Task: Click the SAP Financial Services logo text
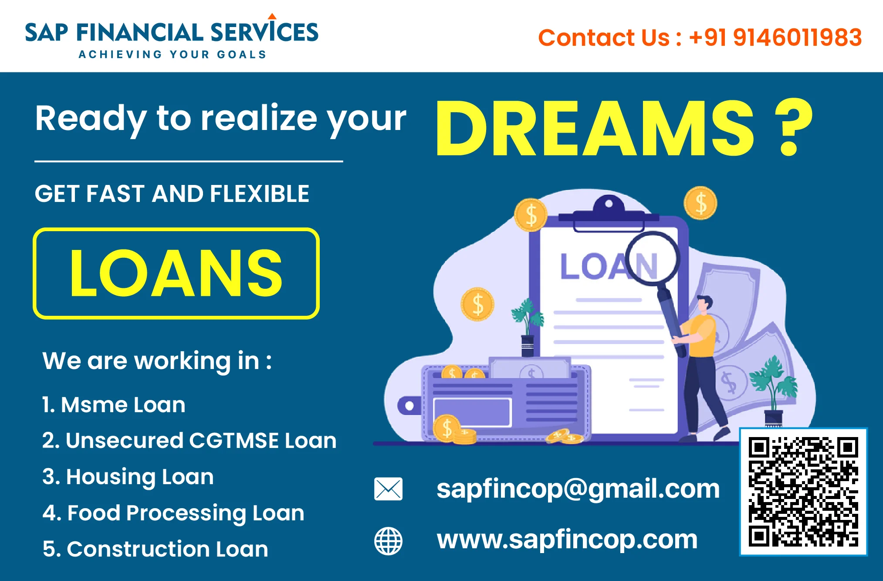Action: click(x=172, y=31)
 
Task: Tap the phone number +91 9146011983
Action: click(x=775, y=38)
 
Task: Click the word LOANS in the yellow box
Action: click(x=176, y=273)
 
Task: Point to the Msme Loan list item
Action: click(x=114, y=405)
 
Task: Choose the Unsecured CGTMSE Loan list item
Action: click(x=189, y=441)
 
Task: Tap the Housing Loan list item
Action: click(x=128, y=477)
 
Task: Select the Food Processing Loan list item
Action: click(x=173, y=513)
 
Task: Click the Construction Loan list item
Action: click(x=155, y=549)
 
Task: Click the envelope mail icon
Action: click(x=388, y=489)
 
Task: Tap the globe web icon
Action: click(x=389, y=541)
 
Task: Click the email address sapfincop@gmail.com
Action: click(x=578, y=489)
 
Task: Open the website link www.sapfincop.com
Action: click(x=567, y=540)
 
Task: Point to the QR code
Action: click(x=803, y=492)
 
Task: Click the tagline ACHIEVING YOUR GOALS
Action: click(x=173, y=55)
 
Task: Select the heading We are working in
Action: click(x=157, y=361)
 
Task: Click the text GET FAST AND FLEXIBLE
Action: click(x=172, y=194)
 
